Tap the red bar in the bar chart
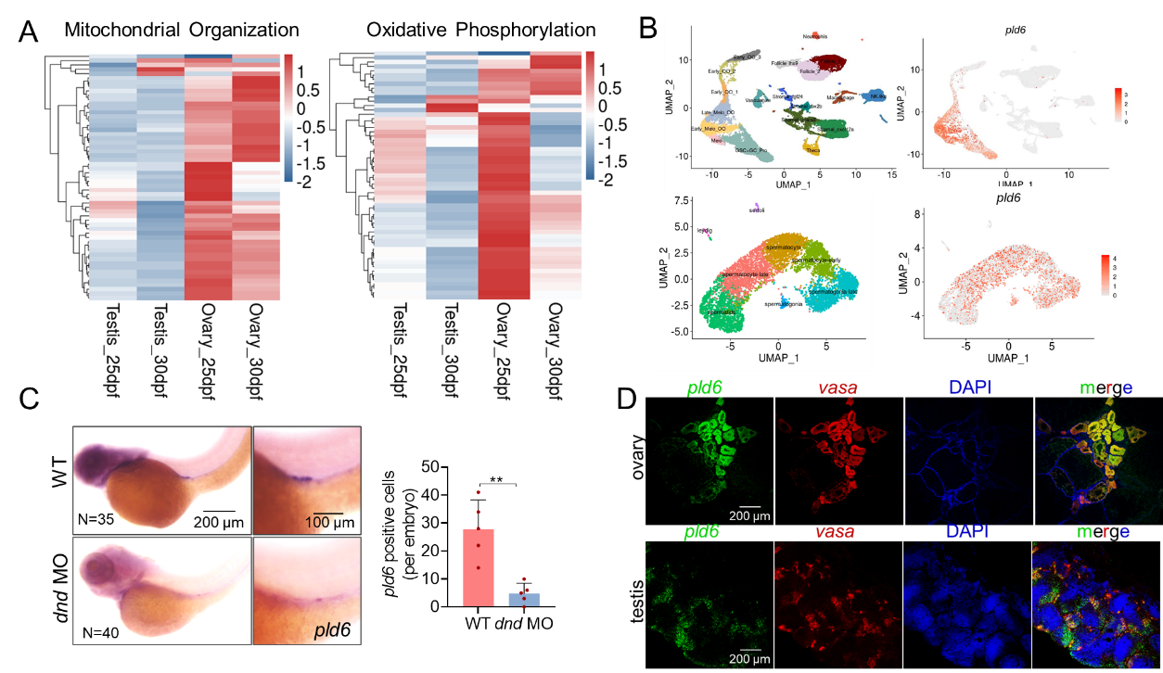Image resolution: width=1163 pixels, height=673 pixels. click(x=478, y=567)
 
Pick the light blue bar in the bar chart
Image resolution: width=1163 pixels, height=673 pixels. click(x=524, y=600)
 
